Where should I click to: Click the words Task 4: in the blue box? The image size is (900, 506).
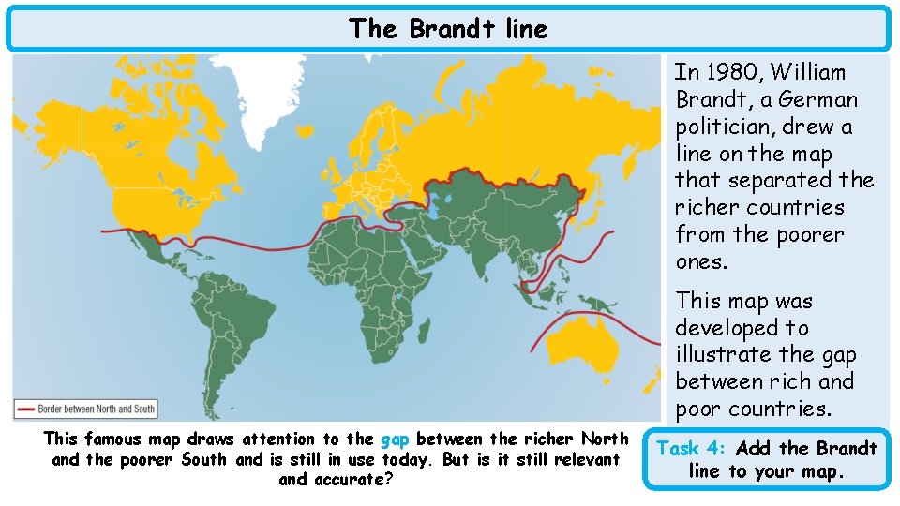pos(696,448)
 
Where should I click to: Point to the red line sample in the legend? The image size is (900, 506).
pos(25,409)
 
